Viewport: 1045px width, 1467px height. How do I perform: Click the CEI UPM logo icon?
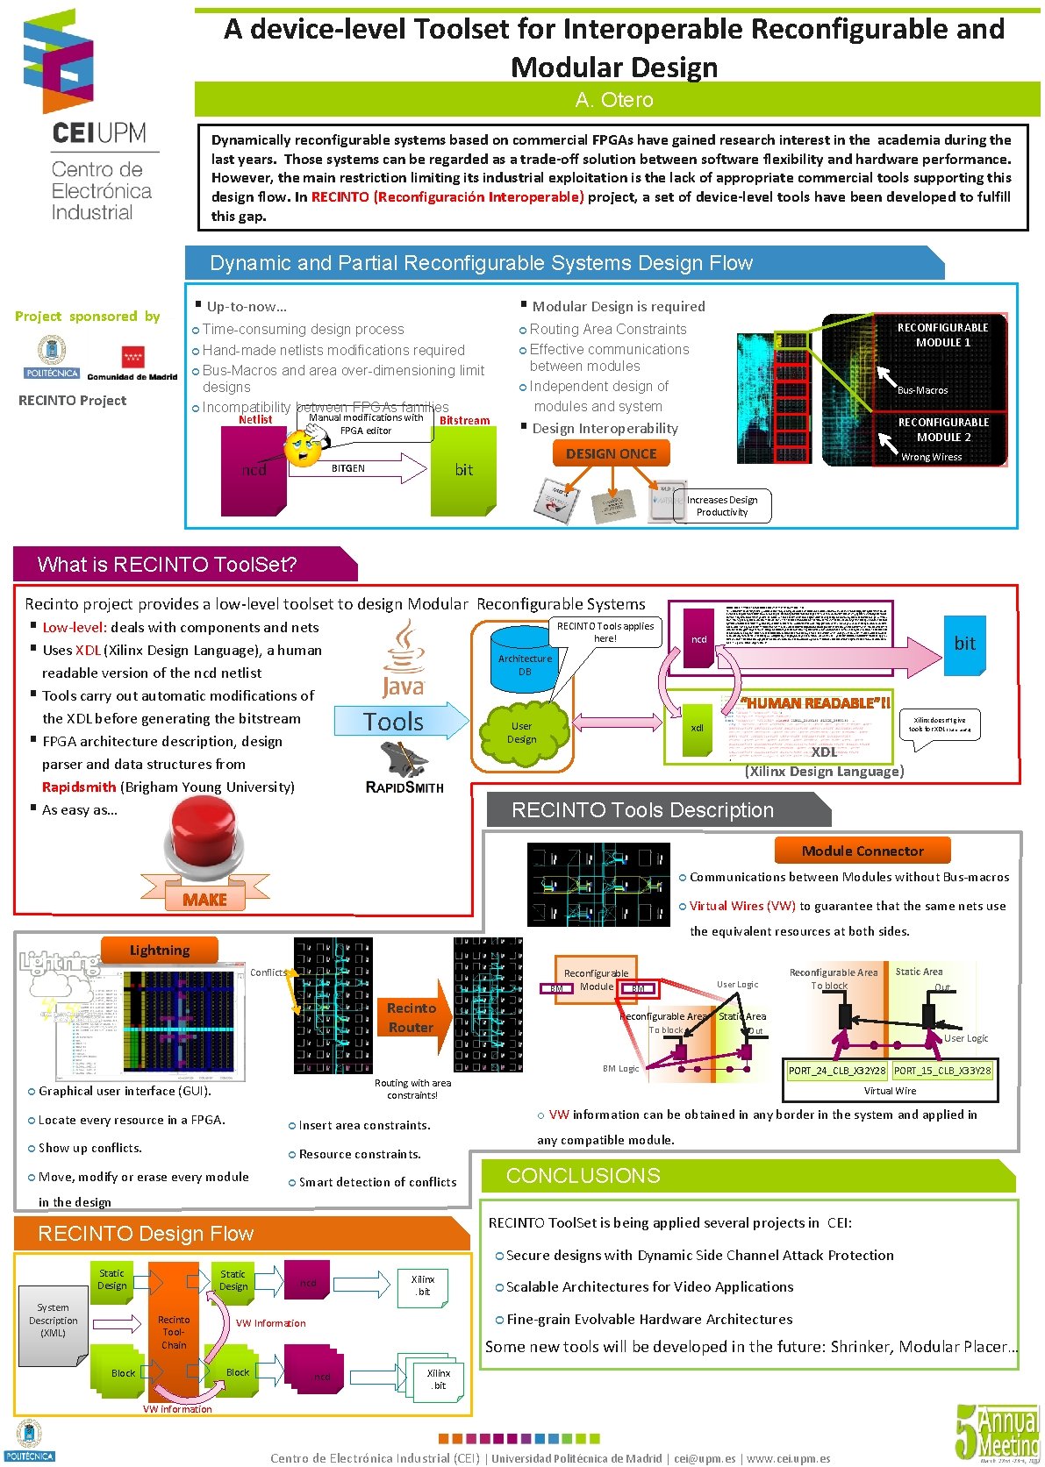(x=59, y=61)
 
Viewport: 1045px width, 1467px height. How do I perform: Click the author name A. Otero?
(x=614, y=100)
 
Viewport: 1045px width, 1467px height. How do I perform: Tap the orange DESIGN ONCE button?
(x=611, y=453)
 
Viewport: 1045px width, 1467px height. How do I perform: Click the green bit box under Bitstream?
(x=463, y=471)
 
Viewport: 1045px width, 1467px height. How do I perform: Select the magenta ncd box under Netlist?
(x=254, y=471)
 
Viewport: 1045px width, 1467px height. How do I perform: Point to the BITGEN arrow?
(x=369, y=468)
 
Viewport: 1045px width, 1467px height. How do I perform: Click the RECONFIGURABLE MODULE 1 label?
(x=942, y=335)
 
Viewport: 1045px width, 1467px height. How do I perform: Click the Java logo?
(x=404, y=659)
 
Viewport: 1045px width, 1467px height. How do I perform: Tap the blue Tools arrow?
(x=401, y=722)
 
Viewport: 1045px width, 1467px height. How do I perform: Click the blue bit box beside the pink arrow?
(x=964, y=644)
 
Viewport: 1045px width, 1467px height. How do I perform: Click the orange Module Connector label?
(x=862, y=851)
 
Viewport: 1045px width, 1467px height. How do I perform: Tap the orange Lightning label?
(x=159, y=951)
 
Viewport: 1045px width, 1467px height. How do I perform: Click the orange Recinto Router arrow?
(x=412, y=1017)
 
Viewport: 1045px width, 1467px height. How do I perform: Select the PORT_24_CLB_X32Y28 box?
(x=836, y=1071)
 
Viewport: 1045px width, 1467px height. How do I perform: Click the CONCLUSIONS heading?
(x=583, y=1176)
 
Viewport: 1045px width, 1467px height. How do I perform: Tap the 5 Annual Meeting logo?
(x=997, y=1432)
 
